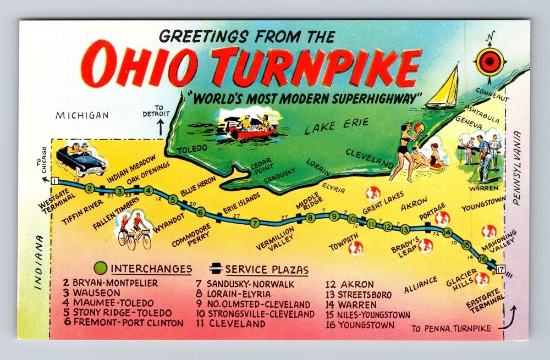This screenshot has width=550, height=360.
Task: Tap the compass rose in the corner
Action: coord(490,60)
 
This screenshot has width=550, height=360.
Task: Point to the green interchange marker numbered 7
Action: coord(255,223)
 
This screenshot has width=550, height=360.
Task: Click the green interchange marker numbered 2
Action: coord(90,189)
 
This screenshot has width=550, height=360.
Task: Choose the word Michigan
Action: coord(82,115)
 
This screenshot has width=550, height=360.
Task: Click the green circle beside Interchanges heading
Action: coord(100,269)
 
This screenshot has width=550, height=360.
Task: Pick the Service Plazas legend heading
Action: coord(266,270)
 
